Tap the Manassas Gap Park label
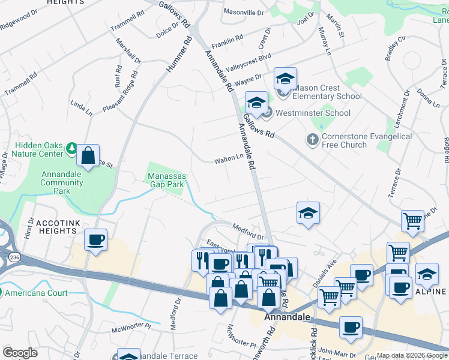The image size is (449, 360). pos(166,180)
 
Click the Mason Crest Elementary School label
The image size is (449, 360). pos(327,92)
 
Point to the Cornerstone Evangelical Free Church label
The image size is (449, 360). pos(367,140)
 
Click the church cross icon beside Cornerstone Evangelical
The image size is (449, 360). pos(312,140)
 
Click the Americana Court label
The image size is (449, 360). pos(37,293)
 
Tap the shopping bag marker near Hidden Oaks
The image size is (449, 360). pos(88,156)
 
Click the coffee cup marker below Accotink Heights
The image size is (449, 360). pos(96,241)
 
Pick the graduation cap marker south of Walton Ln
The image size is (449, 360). pos(308,214)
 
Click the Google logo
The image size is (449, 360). pos(20,353)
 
